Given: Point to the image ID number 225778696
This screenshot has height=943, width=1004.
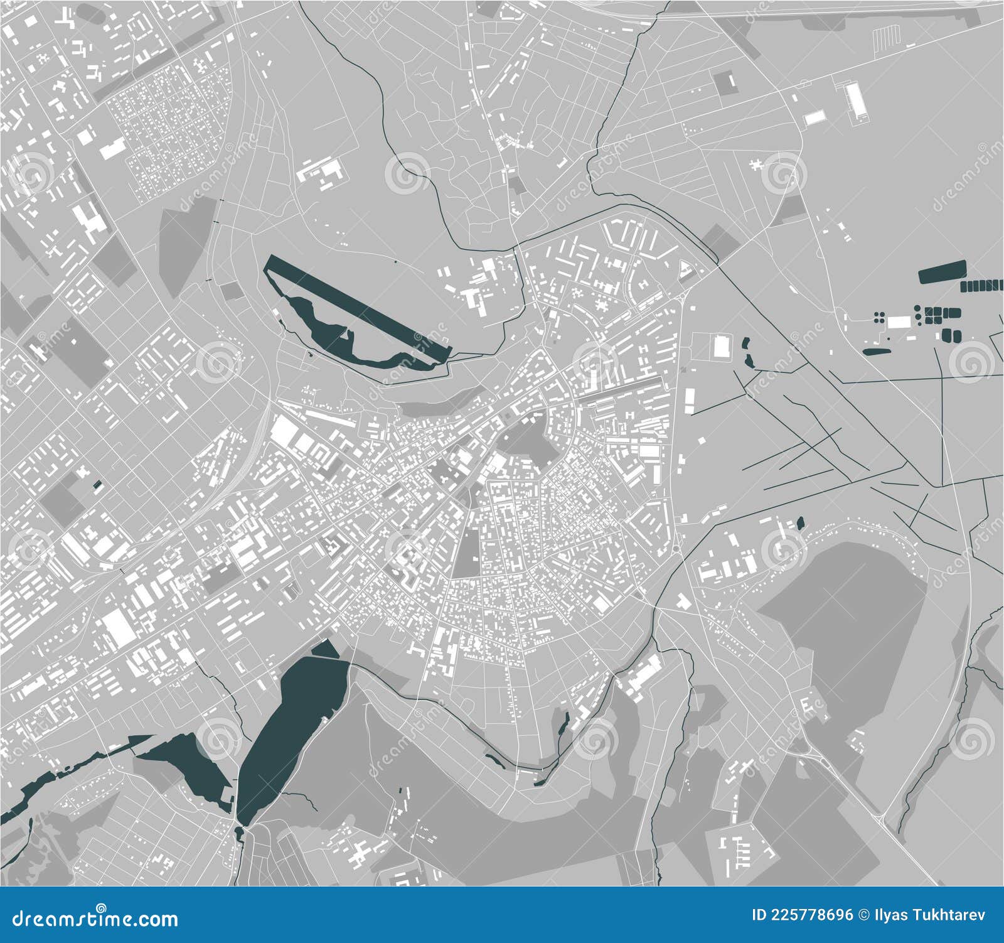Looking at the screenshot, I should [x=816, y=915].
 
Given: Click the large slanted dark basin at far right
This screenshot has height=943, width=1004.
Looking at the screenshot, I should [x=942, y=272].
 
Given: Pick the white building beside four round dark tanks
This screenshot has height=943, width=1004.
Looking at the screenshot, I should [x=899, y=321].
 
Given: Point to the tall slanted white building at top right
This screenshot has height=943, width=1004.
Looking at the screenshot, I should [x=855, y=100].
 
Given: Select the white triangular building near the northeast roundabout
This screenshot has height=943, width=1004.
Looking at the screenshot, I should [x=686, y=272].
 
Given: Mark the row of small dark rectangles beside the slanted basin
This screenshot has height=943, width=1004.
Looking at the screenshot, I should [x=982, y=286].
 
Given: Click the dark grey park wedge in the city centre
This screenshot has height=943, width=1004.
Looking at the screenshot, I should [x=466, y=552].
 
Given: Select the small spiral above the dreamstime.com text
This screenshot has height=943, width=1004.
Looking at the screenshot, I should [x=101, y=905].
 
